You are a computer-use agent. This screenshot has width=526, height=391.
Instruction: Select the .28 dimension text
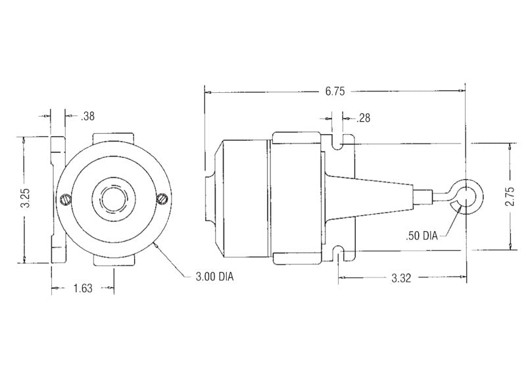(x=363, y=118)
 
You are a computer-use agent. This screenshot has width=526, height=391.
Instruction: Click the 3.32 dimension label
(x=401, y=278)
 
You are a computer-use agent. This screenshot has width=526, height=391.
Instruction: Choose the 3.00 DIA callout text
(x=214, y=276)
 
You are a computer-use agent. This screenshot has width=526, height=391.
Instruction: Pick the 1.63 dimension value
(x=84, y=288)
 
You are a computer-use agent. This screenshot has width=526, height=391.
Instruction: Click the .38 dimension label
(x=87, y=117)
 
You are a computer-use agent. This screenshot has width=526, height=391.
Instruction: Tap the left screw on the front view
(x=64, y=199)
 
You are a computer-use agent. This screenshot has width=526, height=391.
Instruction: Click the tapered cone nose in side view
(x=368, y=195)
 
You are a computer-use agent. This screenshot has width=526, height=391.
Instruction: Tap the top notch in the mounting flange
(x=340, y=141)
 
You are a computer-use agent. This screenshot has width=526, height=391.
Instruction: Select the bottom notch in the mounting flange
(x=340, y=251)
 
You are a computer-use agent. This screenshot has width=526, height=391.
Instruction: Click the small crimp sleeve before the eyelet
(x=422, y=195)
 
